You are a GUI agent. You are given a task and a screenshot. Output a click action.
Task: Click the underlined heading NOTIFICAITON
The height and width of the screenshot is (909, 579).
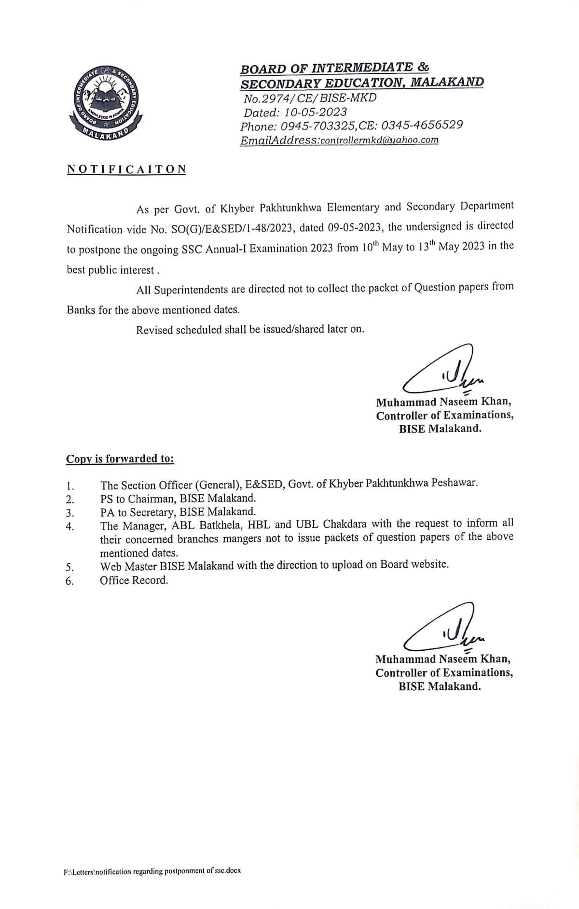[126, 169]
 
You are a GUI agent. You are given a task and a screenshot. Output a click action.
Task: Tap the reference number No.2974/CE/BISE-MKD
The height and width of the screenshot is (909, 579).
[310, 98]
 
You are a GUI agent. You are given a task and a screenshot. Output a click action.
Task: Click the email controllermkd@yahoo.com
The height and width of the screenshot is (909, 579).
[379, 140]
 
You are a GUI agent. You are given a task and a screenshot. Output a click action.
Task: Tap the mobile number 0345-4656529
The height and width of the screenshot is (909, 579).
[422, 125]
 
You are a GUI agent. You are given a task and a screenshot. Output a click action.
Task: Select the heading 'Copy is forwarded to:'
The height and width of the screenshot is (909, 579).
[120, 458]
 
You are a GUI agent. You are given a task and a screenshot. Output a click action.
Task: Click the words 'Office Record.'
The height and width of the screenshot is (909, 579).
[134, 580]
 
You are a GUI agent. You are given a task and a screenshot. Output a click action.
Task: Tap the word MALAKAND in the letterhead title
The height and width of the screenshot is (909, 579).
[446, 82]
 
